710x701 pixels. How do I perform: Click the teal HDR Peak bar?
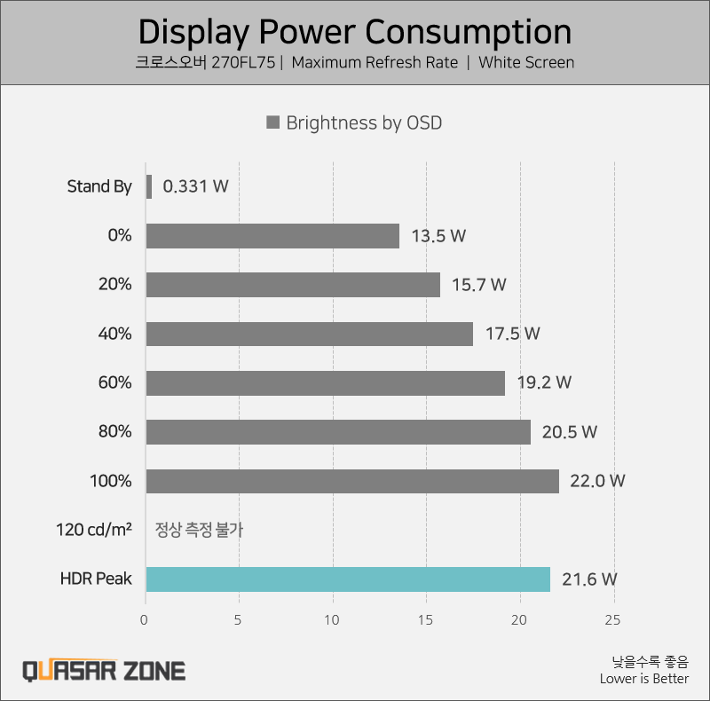[348, 579]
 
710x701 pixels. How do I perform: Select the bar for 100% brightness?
[352, 481]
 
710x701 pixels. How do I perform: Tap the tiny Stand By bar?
[149, 186]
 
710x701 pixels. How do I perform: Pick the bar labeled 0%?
[272, 236]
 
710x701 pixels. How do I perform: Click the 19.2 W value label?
[544, 383]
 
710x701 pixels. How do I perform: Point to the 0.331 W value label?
[196, 187]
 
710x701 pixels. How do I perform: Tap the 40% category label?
[115, 334]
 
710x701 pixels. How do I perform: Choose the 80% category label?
[115, 432]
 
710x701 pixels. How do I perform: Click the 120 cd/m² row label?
[93, 530]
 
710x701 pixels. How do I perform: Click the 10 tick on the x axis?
[333, 620]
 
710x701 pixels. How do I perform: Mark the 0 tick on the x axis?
[145, 620]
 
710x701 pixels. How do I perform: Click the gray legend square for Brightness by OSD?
[273, 122]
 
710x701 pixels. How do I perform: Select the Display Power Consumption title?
[355, 32]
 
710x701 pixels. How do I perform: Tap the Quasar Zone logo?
[103, 669]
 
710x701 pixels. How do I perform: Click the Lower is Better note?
[643, 679]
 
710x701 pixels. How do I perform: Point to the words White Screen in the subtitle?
[526, 63]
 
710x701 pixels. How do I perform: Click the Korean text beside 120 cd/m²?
[199, 531]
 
